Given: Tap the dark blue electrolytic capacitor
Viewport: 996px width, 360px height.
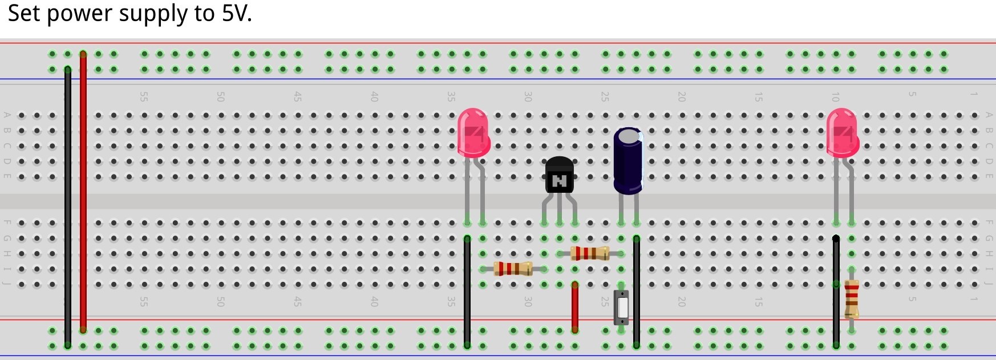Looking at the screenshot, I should point(628,161).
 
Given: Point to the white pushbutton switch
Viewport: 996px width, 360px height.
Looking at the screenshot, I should point(622,308).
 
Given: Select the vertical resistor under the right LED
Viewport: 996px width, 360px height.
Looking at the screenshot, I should point(852,298).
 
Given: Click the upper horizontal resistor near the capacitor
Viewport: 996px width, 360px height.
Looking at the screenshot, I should point(589,253).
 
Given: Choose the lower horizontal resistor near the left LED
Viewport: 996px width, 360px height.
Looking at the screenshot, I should point(512,268).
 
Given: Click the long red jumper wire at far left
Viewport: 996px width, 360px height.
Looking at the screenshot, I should point(83,191).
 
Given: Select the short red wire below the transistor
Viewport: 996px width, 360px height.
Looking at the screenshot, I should point(574,306).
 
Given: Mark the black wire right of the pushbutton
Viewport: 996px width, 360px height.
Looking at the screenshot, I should point(636,291).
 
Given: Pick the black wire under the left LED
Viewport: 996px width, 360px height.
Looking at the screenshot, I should point(467,291).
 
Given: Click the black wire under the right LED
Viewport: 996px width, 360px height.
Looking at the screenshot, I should point(836,291).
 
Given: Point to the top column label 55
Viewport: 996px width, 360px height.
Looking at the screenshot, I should point(144,97).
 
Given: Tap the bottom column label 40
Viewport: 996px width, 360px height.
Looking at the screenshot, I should point(374,301).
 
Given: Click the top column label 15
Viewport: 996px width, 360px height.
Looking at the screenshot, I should point(758,97).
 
